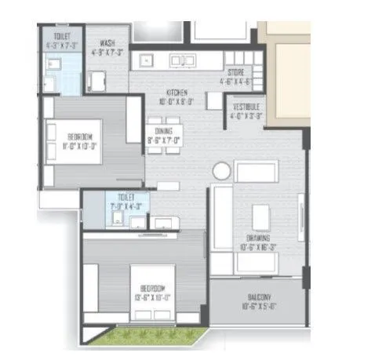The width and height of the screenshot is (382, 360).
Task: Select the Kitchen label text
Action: point(164,92)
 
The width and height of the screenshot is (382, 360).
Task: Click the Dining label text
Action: point(163,133)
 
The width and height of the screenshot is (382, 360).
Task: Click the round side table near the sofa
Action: point(221,171)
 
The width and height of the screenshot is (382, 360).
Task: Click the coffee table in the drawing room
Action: point(260,217)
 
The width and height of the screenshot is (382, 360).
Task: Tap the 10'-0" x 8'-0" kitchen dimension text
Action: point(164,100)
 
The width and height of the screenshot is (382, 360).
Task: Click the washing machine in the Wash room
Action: point(98,82)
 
